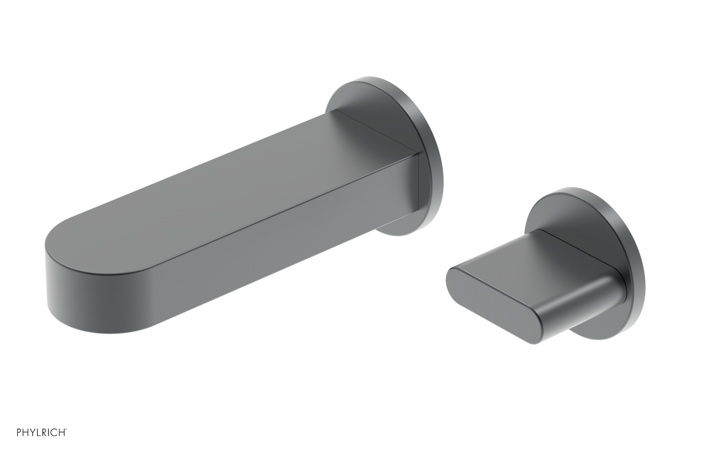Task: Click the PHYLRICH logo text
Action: pos(41,433)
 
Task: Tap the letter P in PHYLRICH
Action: pos(19,433)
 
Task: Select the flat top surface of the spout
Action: pos(220,176)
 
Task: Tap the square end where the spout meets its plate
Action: pos(416,181)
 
